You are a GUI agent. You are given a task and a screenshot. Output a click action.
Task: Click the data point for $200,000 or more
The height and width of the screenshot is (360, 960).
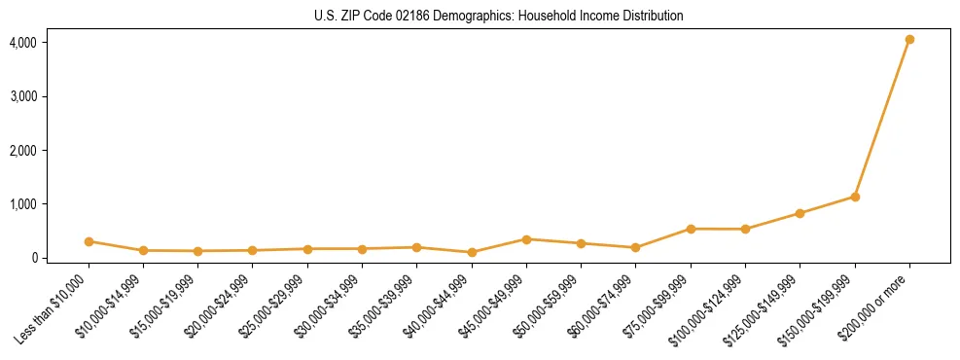909,40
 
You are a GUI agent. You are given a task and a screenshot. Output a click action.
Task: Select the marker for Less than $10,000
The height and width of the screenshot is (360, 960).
89,241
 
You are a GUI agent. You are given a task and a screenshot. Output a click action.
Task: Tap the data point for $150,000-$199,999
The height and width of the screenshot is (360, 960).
855,197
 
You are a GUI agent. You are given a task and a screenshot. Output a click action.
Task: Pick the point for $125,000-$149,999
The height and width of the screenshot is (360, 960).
800,213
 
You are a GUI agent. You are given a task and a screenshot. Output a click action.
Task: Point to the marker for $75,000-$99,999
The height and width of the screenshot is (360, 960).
691,229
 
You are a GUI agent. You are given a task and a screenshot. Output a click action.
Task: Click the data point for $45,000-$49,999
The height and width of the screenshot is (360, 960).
526,239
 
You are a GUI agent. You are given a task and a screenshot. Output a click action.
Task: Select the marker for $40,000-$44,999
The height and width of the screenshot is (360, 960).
472,252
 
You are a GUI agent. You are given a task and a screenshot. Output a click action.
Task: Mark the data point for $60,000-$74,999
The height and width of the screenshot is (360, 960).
635,247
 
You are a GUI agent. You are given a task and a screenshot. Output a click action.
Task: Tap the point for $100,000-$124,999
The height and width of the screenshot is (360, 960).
745,230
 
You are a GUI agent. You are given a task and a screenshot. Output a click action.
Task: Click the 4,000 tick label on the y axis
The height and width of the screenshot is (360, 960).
23,43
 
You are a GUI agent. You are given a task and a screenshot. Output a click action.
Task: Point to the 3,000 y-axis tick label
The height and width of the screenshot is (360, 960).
23,97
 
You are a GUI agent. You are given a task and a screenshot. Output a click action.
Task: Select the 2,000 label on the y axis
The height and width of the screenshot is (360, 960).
23,151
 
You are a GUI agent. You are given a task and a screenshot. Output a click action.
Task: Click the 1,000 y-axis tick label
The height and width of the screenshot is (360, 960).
23,204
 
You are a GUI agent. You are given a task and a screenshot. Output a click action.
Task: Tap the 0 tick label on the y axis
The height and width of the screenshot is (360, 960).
33,258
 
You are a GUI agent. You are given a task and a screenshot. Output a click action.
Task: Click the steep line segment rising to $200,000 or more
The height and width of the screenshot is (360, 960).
882,118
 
